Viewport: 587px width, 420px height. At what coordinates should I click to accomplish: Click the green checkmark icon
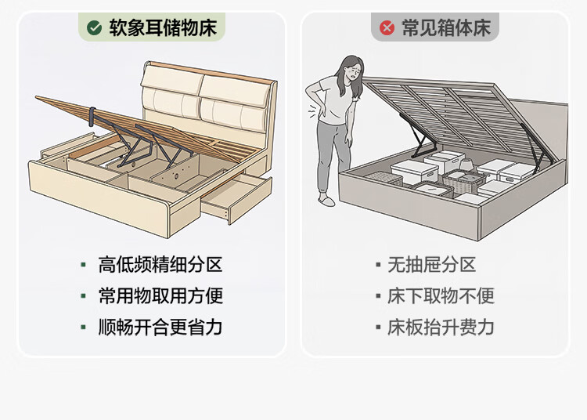[x=95, y=28]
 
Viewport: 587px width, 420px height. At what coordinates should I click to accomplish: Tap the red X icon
[x=387, y=28]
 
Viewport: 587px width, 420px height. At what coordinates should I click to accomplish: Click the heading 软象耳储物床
[x=163, y=28]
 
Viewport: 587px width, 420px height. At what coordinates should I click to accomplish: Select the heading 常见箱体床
[x=446, y=28]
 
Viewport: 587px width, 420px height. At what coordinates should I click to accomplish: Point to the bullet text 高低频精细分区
[x=160, y=265]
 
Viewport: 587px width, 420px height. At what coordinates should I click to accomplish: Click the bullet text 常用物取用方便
[x=160, y=296]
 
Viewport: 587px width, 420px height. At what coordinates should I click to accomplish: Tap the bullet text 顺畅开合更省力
[x=160, y=328]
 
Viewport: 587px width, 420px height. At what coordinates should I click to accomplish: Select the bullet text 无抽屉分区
[x=431, y=265]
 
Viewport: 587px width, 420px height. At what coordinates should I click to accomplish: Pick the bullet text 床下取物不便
[x=441, y=296]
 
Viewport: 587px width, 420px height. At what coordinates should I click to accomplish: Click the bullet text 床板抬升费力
[x=441, y=328]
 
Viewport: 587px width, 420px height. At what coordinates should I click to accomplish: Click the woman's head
[x=350, y=72]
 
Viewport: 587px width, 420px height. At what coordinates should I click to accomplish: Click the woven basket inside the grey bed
[x=458, y=182]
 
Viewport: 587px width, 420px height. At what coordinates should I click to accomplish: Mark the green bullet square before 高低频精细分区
[x=83, y=265]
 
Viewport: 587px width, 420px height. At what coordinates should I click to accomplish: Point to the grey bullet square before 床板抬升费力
[x=378, y=328]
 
